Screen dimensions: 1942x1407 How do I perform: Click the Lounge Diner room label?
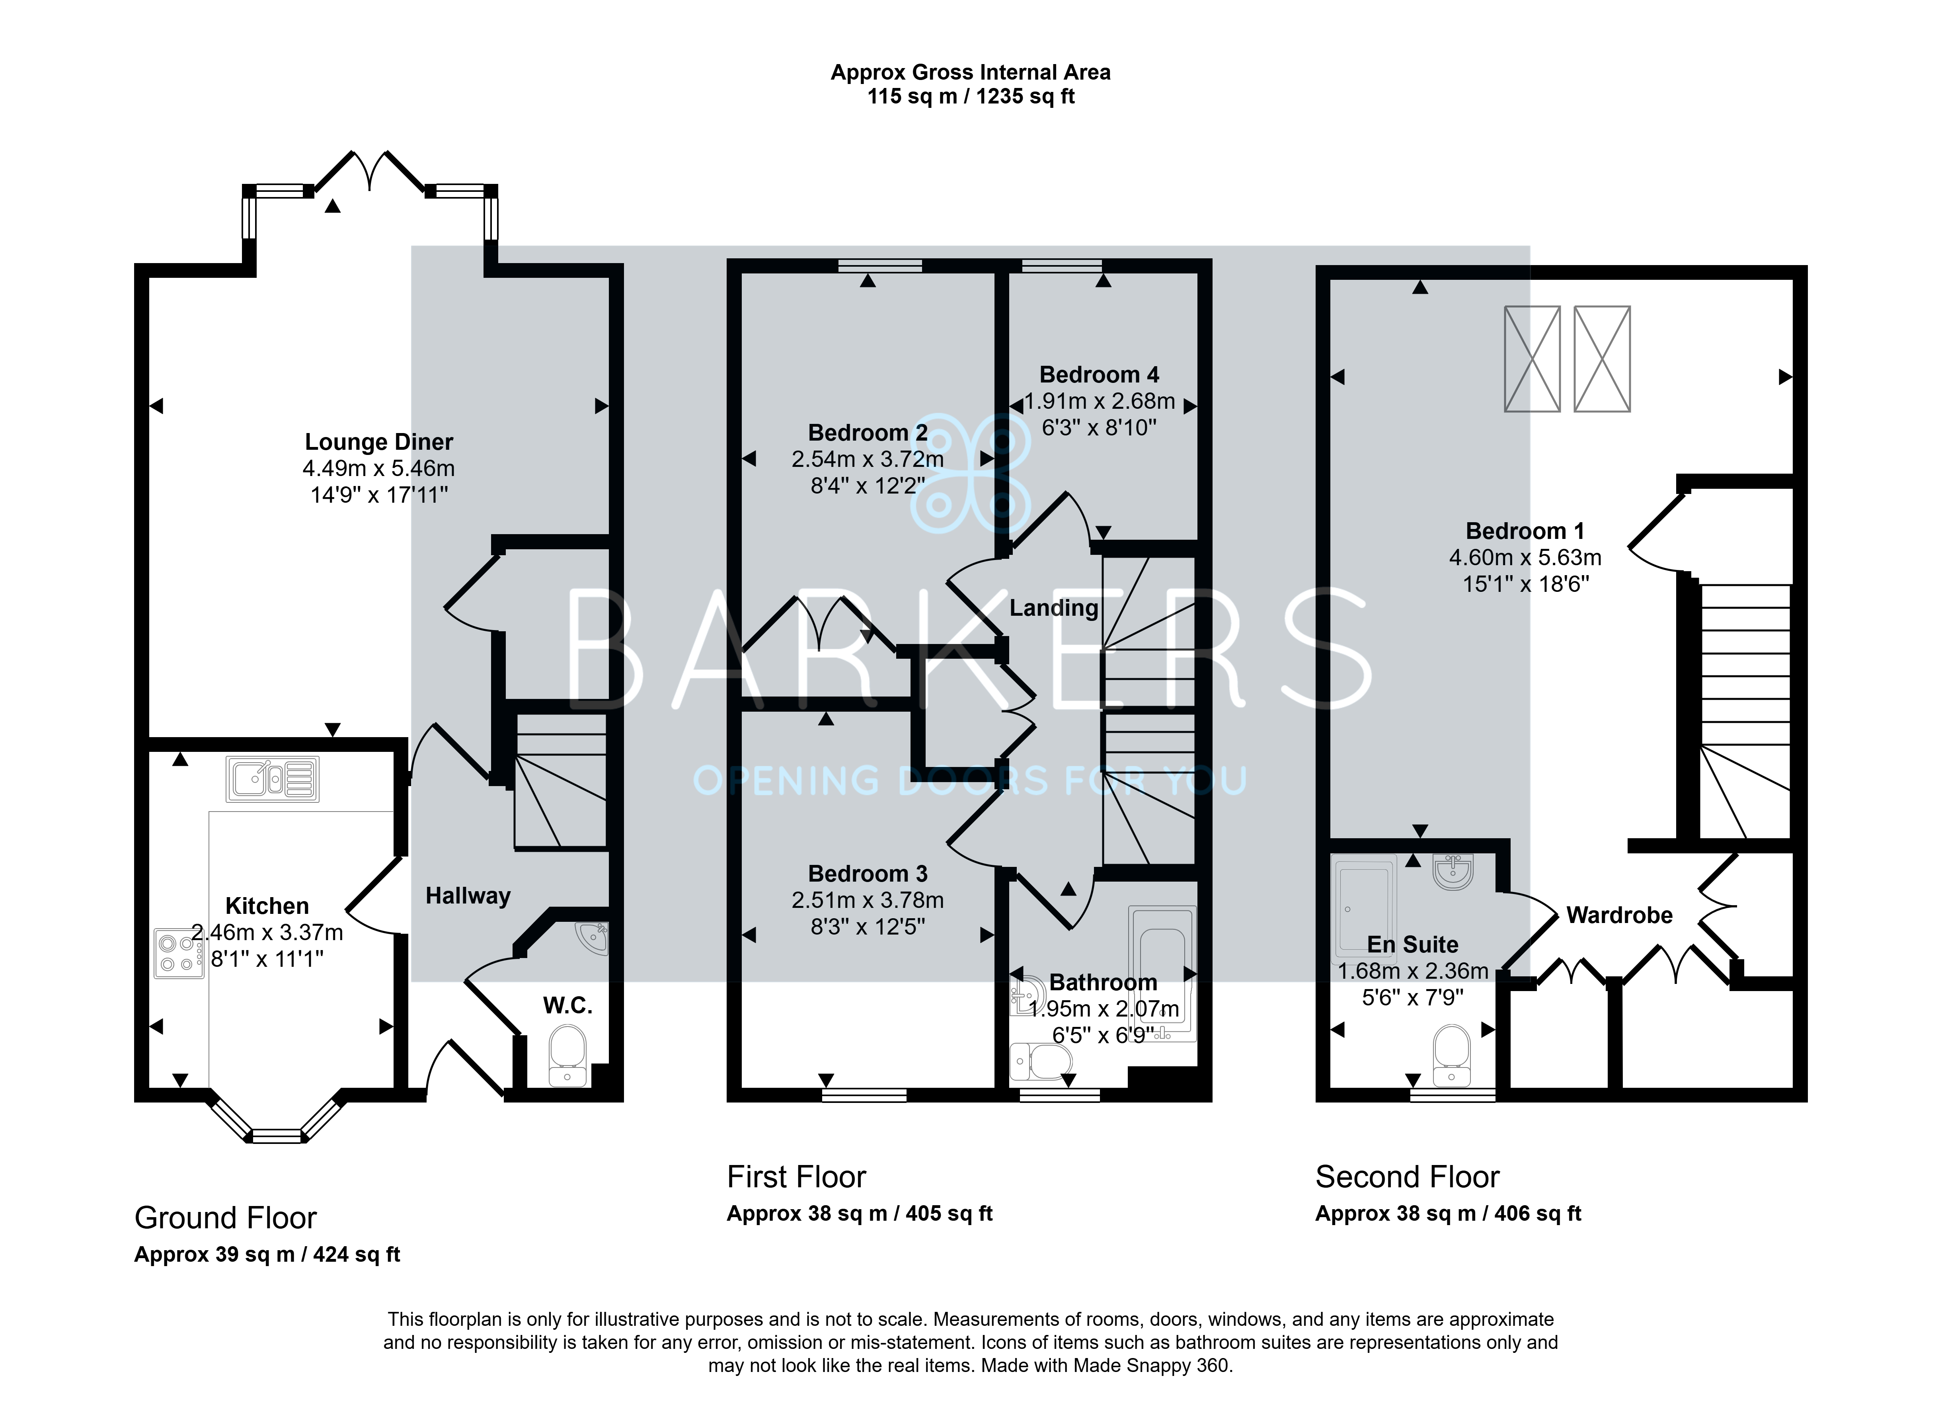coord(378,442)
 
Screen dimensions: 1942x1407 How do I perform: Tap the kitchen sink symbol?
coord(272,779)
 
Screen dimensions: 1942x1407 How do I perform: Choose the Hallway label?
coord(468,896)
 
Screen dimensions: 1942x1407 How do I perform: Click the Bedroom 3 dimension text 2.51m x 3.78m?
coord(868,900)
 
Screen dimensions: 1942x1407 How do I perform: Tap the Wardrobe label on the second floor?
coord(1619,915)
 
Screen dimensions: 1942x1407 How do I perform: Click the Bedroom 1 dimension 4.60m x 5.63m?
coord(1525,558)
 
